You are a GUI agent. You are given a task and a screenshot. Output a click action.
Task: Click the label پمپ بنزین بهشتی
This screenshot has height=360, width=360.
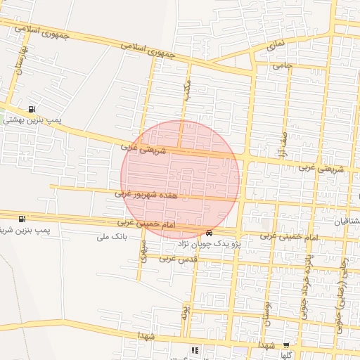(32, 120)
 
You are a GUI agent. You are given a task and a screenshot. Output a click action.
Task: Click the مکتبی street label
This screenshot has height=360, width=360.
(186, 90)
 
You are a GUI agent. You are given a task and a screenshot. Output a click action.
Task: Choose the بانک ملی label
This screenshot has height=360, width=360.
(111, 237)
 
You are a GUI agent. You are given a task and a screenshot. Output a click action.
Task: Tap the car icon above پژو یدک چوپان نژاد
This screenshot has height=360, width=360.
(209, 233)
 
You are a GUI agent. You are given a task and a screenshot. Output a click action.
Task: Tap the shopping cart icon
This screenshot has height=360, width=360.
(285, 345)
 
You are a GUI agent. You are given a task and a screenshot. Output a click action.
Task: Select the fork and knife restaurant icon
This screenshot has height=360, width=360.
(195, 349)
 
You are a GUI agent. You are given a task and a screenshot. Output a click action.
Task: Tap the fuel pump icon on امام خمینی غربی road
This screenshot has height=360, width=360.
(22, 219)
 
